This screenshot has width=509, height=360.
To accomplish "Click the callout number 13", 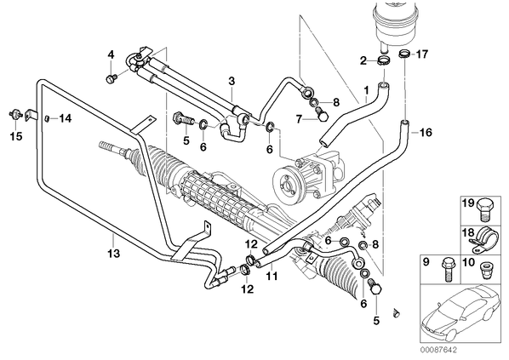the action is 114,254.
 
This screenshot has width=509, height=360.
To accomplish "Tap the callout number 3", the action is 232,81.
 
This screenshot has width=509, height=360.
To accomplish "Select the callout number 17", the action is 422,54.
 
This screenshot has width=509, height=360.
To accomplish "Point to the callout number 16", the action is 426,133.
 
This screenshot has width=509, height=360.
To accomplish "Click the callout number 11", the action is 272,277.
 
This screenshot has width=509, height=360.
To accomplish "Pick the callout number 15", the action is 16,136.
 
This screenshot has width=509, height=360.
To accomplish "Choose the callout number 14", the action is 66,118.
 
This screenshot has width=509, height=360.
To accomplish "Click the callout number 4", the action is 111,54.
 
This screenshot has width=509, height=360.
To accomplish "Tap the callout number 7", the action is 299,119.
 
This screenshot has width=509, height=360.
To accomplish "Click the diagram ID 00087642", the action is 438,350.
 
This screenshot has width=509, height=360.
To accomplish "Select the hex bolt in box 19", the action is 486,210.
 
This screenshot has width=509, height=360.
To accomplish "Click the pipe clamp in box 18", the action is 483,240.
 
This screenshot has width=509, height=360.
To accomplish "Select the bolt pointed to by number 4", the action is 111,78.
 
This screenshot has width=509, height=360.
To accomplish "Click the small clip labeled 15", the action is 15,115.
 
